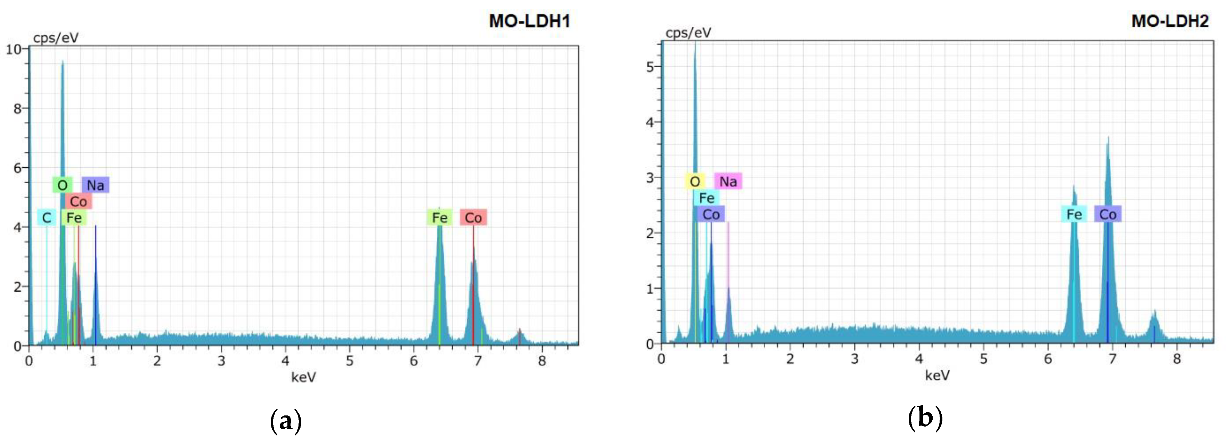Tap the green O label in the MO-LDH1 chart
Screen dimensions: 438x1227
(62, 185)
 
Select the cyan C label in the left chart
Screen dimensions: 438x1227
(46, 218)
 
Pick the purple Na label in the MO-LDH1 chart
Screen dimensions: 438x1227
(95, 185)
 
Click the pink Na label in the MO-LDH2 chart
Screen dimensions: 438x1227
(728, 182)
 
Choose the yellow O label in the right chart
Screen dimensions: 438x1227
(695, 182)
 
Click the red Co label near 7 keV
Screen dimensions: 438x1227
(473, 218)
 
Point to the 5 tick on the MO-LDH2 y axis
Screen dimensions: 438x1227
(650, 67)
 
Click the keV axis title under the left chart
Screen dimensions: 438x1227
(303, 378)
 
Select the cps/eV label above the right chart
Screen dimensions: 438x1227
(688, 33)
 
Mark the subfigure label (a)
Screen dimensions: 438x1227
(286, 421)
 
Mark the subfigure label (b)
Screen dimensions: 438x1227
(925, 419)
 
